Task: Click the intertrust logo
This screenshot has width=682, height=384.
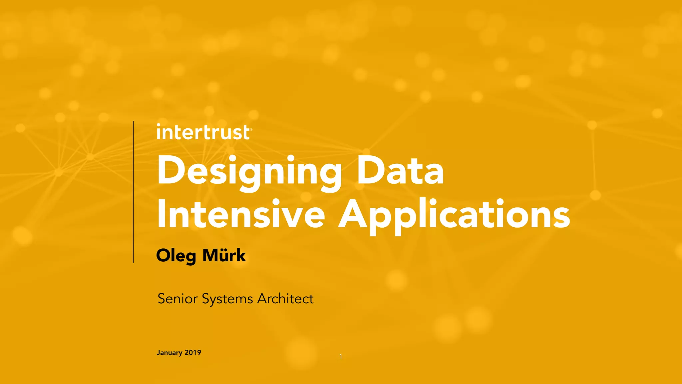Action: pos(203,132)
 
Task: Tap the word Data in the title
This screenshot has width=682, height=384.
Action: pos(400,171)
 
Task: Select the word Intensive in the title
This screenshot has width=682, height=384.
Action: pos(241,214)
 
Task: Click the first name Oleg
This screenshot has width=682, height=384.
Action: pos(176,256)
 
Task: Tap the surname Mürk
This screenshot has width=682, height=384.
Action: pos(224,255)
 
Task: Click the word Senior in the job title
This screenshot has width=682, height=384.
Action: pos(177,299)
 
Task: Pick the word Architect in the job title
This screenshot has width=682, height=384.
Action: pos(285,299)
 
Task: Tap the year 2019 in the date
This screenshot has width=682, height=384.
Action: pos(193,352)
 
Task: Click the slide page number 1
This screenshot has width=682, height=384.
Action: pos(341,357)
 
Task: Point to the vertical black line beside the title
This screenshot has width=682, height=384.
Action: pos(133,192)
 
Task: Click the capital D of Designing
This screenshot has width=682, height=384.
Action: pos(170,171)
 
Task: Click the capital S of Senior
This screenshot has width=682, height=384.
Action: pos(162,299)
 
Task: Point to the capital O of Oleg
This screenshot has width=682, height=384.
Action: pos(163,256)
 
